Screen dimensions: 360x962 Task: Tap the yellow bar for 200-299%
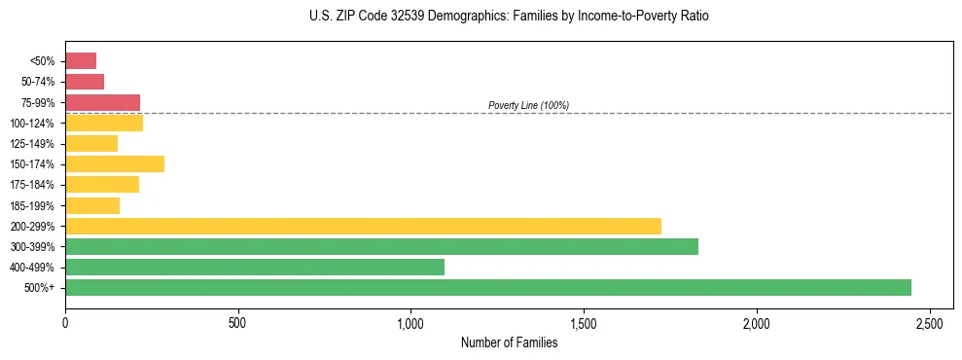tap(363, 226)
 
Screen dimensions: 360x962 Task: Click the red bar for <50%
tap(81, 61)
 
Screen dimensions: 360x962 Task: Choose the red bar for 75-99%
tap(102, 102)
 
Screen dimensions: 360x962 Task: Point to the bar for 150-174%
tap(115, 163)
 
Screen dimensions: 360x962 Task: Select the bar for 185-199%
tap(92, 205)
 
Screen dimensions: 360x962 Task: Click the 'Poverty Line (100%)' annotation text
tap(528, 105)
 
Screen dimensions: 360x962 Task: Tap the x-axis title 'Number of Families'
tap(509, 342)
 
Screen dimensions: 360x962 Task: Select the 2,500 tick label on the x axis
tap(929, 322)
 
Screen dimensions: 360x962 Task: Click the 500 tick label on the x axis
tap(238, 322)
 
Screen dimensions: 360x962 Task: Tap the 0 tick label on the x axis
tap(65, 322)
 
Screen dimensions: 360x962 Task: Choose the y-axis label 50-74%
tap(38, 82)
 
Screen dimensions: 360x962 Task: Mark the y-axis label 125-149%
tap(36, 144)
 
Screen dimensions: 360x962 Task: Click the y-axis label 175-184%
tap(36, 185)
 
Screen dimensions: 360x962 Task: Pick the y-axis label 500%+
tap(41, 288)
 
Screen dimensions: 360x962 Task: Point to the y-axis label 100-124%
tap(36, 124)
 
